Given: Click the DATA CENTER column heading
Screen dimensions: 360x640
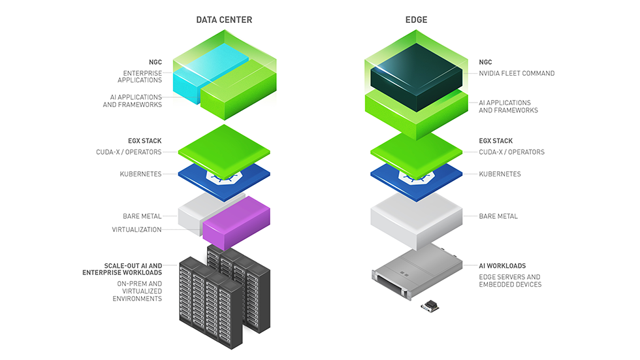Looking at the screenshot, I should point(224,20).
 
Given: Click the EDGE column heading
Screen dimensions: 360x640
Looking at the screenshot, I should point(416,20).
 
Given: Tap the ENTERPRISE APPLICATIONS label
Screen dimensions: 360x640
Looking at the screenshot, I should point(139,76).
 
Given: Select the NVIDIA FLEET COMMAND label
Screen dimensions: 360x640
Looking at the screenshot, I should point(517,73).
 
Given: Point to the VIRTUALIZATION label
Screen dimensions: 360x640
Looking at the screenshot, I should point(136,229).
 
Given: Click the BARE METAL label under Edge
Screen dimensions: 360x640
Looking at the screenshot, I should point(498,216).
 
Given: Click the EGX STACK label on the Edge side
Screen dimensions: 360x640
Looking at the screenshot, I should point(496,140).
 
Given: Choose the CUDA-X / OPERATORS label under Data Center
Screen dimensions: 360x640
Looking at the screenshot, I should point(129,152).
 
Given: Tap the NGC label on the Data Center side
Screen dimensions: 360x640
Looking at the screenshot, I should point(155,63).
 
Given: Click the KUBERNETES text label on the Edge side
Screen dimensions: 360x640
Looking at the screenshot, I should point(500,174).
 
